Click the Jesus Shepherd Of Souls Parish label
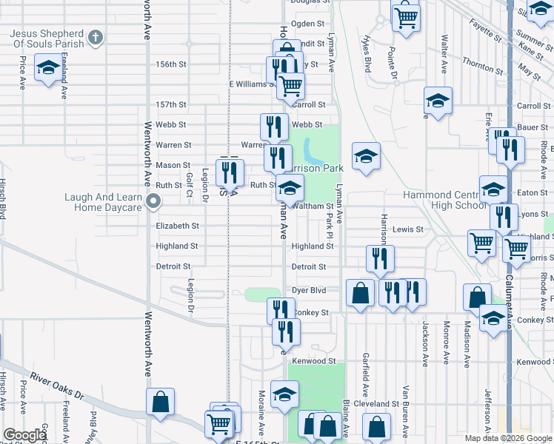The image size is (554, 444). click(46, 38)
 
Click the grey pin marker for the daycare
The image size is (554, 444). click(153, 201)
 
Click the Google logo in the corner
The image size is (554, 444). click(24, 435)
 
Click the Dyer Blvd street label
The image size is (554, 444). click(309, 291)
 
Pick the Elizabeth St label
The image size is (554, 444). click(177, 226)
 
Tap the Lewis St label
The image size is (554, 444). click(407, 229)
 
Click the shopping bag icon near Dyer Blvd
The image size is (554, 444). click(360, 293)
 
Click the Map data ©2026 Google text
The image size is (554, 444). click(507, 438)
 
